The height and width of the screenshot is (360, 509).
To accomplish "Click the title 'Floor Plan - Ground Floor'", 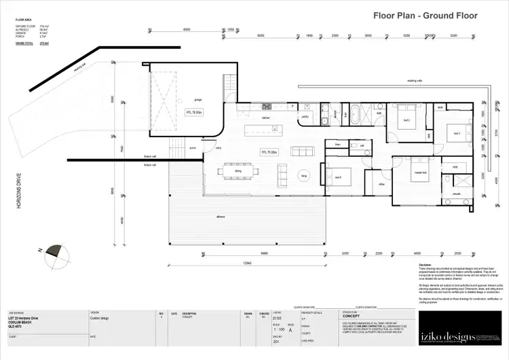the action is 426,16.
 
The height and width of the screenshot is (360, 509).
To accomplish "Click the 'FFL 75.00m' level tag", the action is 269,152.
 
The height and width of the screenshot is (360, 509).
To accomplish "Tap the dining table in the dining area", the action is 237,171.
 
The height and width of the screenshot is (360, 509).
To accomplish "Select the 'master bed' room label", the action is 419,173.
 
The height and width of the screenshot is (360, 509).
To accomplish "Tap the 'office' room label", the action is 381,183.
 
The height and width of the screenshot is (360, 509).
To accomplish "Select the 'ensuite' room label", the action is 456,194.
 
